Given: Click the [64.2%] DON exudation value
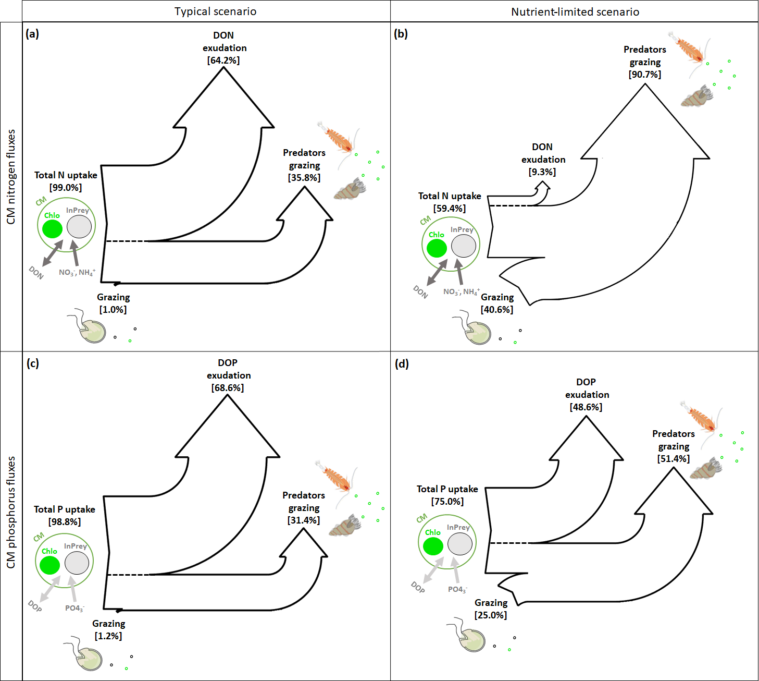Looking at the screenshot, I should coord(223,60).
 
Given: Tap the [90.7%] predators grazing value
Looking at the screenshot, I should coord(645,75).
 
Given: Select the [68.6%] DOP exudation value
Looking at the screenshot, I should coord(228,388).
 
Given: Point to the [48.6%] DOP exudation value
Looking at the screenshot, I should coord(586,407).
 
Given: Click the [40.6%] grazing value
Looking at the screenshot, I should coord(497,310).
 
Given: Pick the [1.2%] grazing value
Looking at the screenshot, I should coord(108,636).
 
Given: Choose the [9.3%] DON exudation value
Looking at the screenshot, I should coord(542,172).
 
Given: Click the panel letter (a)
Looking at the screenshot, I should coord(32,34).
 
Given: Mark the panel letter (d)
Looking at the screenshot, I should coord(402,363).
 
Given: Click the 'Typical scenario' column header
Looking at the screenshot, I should coord(215,11).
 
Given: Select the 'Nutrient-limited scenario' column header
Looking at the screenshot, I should coord(575,11).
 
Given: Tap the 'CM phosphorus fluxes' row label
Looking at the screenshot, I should coord(11,513).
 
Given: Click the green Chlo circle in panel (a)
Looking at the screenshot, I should coord(52,229).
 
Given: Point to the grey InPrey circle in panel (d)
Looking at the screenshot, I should coord(460,544).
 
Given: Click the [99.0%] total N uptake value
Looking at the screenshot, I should coord(66,188).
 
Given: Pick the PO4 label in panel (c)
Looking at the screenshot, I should coord(74,608).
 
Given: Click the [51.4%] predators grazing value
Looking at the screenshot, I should coord(674,459).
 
